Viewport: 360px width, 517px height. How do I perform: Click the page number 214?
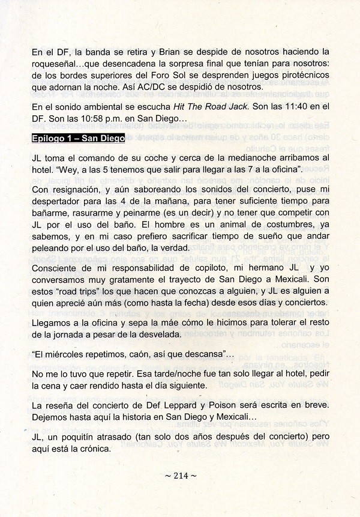pos(181,476)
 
